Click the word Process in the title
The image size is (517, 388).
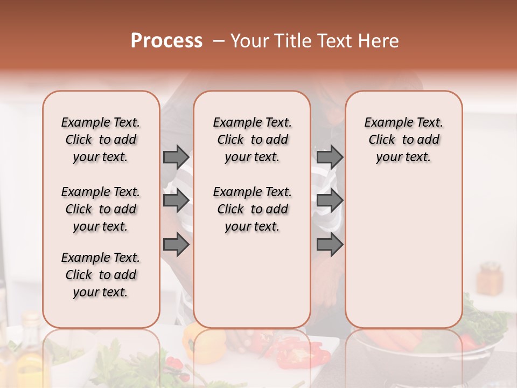point(166,41)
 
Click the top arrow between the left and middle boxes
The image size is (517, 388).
point(176,157)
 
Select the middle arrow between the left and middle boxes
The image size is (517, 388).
point(176,201)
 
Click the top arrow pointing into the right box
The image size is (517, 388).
point(330,157)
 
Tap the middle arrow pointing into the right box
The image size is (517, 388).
point(330,201)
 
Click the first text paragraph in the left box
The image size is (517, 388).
point(101,140)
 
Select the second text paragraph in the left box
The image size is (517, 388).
point(101,209)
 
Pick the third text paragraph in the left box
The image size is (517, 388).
point(101,275)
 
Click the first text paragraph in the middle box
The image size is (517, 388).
point(252,140)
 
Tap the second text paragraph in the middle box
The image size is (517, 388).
point(252,209)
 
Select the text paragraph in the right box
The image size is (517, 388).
point(403,140)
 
